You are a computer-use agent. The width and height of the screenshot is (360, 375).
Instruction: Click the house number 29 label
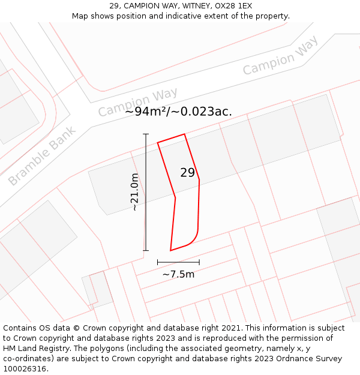point(188,173)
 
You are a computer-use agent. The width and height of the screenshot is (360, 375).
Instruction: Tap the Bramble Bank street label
point(42,156)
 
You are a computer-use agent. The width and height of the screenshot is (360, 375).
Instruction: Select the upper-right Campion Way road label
point(280,56)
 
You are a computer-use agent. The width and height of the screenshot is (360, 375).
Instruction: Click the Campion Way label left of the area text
point(137,103)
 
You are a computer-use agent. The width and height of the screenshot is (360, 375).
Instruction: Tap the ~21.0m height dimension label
point(135,192)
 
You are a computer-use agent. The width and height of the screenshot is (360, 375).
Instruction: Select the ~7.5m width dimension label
point(178,274)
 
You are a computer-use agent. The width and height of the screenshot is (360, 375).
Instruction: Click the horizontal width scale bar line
point(178,262)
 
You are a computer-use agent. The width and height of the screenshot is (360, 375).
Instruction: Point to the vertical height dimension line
point(146,192)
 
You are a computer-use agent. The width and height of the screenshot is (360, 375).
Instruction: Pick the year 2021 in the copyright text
point(231,328)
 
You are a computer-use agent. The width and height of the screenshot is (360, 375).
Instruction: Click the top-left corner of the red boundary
point(158,143)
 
